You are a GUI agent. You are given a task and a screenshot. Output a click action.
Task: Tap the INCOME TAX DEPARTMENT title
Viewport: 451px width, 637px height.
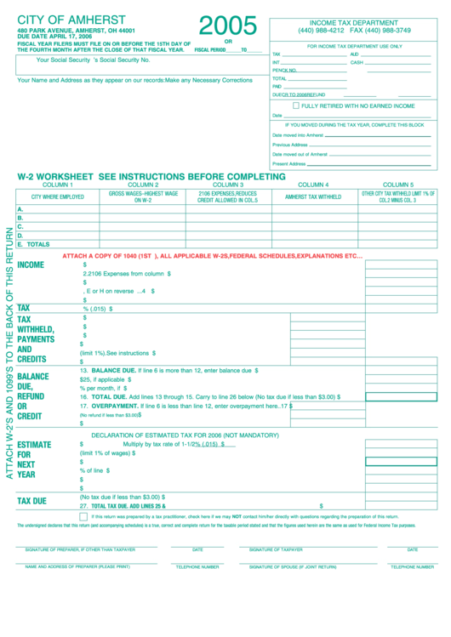pos(353,23)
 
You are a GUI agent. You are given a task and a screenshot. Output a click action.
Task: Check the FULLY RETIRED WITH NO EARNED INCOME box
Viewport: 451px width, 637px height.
pos(296,106)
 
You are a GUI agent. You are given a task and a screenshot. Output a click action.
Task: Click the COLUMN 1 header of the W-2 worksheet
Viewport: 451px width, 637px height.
pos(58,185)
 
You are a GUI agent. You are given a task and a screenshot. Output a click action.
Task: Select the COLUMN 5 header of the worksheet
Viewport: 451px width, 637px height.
pos(397,185)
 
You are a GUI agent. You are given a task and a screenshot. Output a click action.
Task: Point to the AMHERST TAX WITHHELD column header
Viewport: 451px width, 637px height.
pos(313,196)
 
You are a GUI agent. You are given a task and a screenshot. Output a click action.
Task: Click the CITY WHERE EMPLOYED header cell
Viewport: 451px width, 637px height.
pos(58,196)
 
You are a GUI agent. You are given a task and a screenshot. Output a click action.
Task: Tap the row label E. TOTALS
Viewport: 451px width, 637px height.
pos(33,244)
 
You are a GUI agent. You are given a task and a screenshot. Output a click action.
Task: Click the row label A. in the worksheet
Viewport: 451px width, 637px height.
pos(20,209)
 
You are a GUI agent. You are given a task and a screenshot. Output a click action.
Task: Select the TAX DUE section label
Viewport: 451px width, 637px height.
pos(32,501)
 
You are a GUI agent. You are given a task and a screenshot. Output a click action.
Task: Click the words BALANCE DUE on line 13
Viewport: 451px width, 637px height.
pos(115,371)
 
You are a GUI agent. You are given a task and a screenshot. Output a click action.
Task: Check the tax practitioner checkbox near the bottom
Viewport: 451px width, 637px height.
pos(83,516)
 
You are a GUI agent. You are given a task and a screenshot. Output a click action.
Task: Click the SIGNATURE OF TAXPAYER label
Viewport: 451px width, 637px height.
pos(276,549)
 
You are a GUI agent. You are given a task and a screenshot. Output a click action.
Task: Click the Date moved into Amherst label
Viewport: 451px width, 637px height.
pos(298,135)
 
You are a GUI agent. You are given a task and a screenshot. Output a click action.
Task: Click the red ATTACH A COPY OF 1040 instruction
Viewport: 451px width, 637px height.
pos(213,255)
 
